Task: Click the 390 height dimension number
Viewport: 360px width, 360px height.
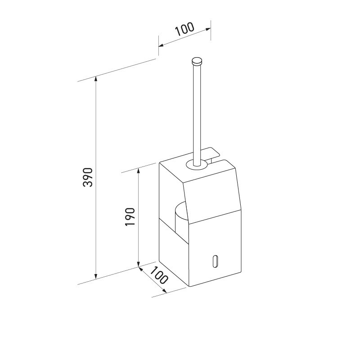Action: (x=89, y=177)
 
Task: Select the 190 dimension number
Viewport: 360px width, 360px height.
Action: (x=130, y=217)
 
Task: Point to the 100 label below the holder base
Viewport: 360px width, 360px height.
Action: (x=158, y=275)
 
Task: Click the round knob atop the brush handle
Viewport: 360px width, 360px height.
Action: (x=197, y=60)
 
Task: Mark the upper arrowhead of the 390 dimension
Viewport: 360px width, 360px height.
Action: (x=95, y=80)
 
